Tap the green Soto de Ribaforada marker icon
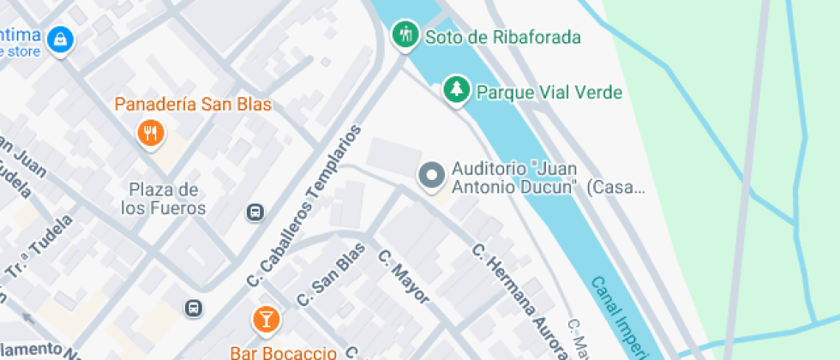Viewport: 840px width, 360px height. (404, 36)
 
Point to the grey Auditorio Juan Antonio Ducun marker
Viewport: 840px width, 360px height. (431, 176)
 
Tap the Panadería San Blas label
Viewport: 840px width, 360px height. (193, 105)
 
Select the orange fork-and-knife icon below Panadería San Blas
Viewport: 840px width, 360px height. (152, 132)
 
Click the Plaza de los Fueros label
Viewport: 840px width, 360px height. (164, 199)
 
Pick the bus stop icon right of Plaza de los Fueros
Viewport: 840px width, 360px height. (255, 212)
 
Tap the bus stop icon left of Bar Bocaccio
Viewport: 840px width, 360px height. (195, 308)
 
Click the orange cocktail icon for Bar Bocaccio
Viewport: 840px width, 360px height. (266, 320)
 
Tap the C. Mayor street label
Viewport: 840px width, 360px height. (403, 277)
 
